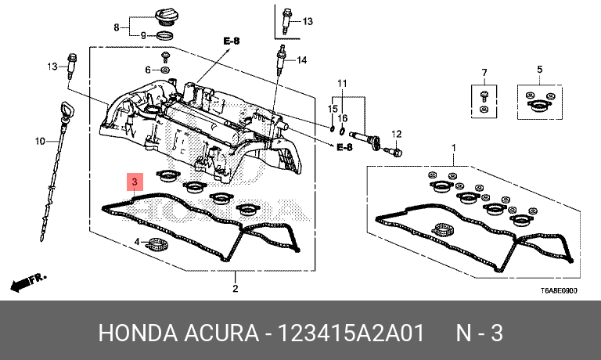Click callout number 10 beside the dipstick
tap(40, 142)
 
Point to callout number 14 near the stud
tap(302, 59)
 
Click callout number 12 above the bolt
tap(397, 134)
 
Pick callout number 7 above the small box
tap(484, 73)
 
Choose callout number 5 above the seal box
tap(539, 70)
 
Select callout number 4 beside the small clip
tap(138, 241)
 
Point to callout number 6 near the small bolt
tap(147, 70)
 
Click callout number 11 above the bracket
tap(342, 83)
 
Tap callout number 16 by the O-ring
tap(342, 117)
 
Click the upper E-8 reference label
tap(232, 40)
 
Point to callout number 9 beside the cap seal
tap(143, 35)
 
